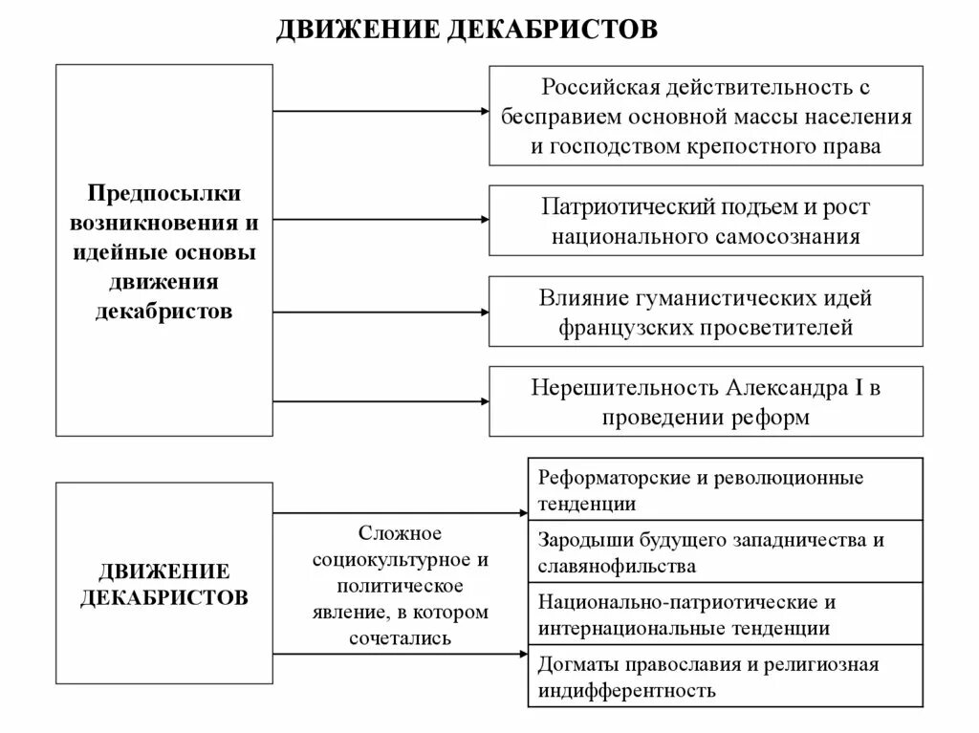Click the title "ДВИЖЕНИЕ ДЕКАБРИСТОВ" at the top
pyautogui.click(x=467, y=30)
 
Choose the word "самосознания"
pyautogui.click(x=786, y=236)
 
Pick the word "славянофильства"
pyautogui.click(x=617, y=566)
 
